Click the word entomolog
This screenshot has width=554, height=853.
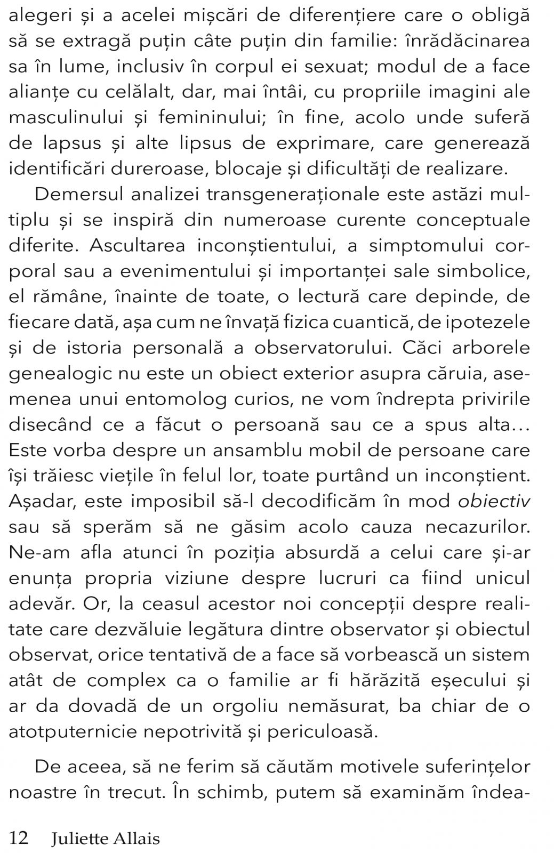[x=179, y=399]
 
